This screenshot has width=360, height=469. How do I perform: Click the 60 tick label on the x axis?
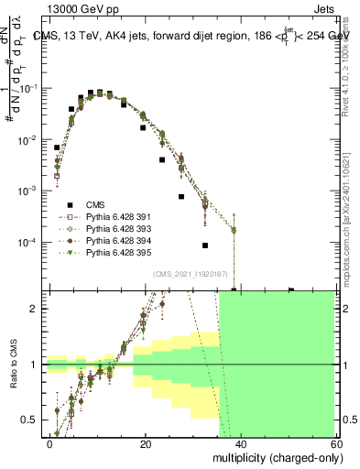[334, 442]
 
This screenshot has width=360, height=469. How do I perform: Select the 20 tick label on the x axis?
[146, 442]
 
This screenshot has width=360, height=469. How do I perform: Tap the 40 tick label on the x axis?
[240, 442]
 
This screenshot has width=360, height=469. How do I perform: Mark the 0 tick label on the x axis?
[50, 442]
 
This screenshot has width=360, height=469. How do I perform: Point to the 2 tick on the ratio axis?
[37, 309]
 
